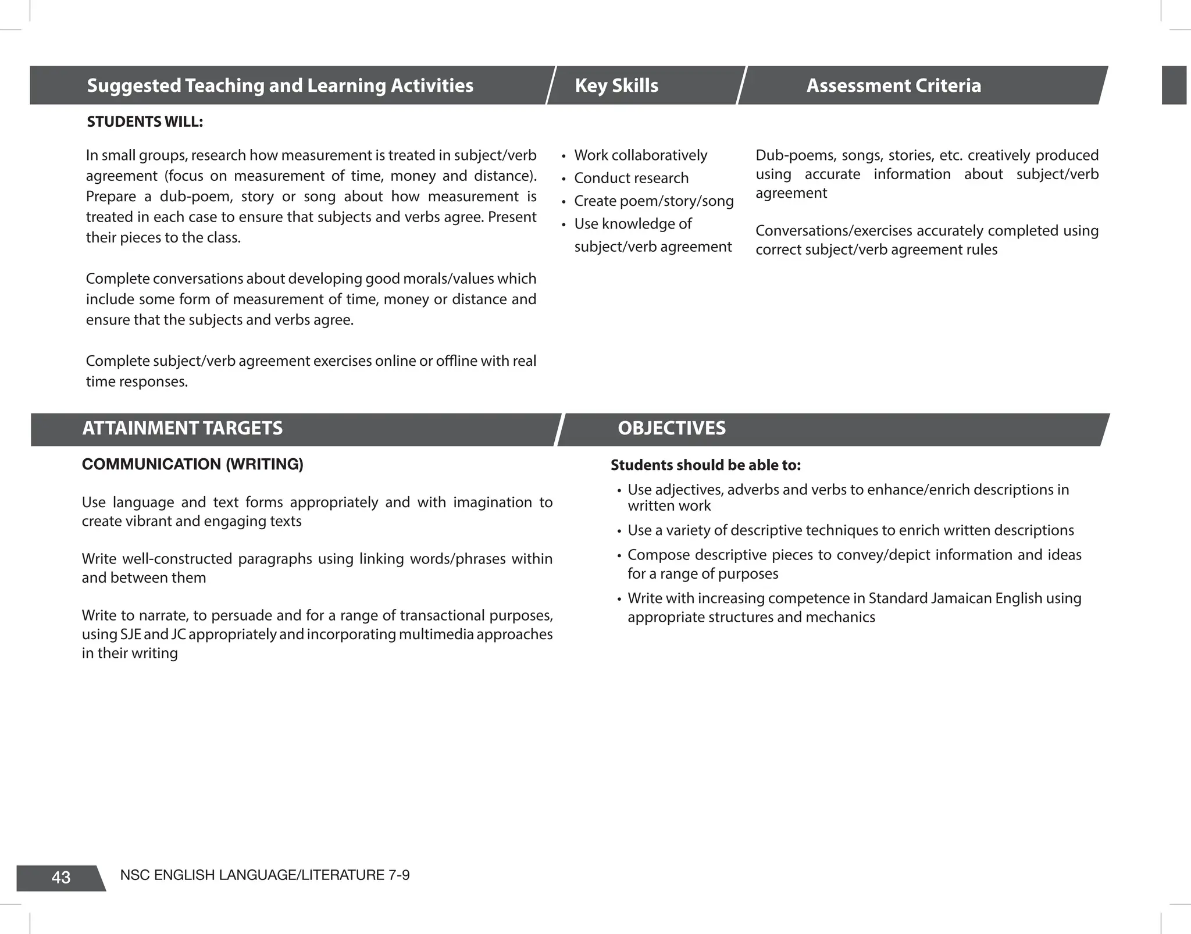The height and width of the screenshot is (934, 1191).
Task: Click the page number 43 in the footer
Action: click(x=61, y=878)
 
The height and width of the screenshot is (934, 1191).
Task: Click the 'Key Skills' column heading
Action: click(x=616, y=85)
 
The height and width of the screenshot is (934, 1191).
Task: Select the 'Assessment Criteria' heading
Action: click(x=893, y=85)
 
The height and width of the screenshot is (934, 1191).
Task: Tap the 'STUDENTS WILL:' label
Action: click(x=145, y=122)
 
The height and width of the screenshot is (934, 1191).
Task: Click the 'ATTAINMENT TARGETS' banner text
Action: click(x=182, y=428)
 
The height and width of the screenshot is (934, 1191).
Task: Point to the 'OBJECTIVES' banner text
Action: click(x=672, y=428)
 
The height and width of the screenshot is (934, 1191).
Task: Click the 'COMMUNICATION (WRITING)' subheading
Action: click(x=192, y=465)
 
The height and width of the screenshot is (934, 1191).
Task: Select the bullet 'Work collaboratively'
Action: click(x=640, y=155)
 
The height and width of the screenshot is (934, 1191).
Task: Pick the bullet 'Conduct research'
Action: click(x=631, y=178)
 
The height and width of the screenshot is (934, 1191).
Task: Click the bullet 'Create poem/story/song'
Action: click(x=654, y=201)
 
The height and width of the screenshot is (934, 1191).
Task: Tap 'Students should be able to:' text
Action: click(x=705, y=465)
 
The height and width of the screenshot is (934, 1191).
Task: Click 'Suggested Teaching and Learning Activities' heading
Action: click(x=280, y=85)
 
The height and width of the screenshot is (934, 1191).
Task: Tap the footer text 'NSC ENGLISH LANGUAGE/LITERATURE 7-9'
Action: click(x=265, y=875)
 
